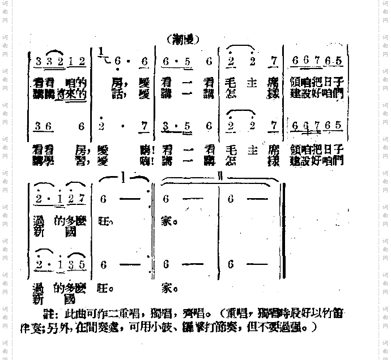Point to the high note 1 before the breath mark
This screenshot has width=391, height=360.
(101, 52)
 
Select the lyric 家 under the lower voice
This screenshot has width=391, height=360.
(166, 288)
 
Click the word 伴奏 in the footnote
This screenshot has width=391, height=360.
(45, 327)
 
